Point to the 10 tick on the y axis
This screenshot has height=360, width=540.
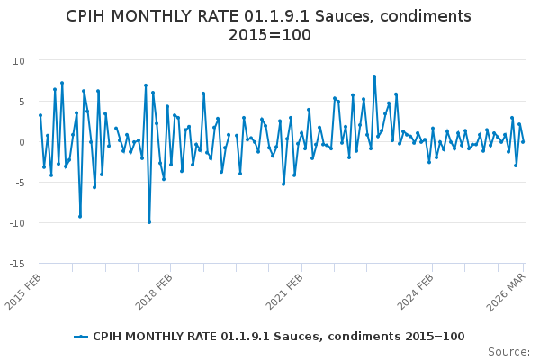[x=18, y=60]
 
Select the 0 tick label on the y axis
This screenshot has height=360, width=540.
[x=21, y=142]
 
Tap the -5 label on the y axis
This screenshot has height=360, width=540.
[x=18, y=183]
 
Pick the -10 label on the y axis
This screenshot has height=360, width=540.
[x=15, y=223]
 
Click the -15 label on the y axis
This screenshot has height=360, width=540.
[x=15, y=264]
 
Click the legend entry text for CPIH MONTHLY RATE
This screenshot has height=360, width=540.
[x=279, y=336]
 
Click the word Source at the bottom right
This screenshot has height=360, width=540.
[x=508, y=351]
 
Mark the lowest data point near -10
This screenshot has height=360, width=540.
[x=149, y=222]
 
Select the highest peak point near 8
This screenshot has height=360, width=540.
[x=374, y=76]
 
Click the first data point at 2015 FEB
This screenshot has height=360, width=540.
[x=40, y=115]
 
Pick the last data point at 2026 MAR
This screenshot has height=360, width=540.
[x=523, y=141]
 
